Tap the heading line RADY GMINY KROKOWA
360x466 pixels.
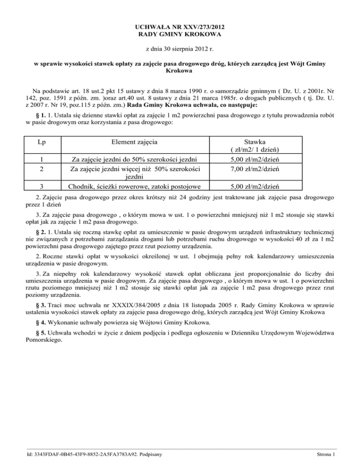(180, 34)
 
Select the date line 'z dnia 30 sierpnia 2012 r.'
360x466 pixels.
(180, 49)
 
